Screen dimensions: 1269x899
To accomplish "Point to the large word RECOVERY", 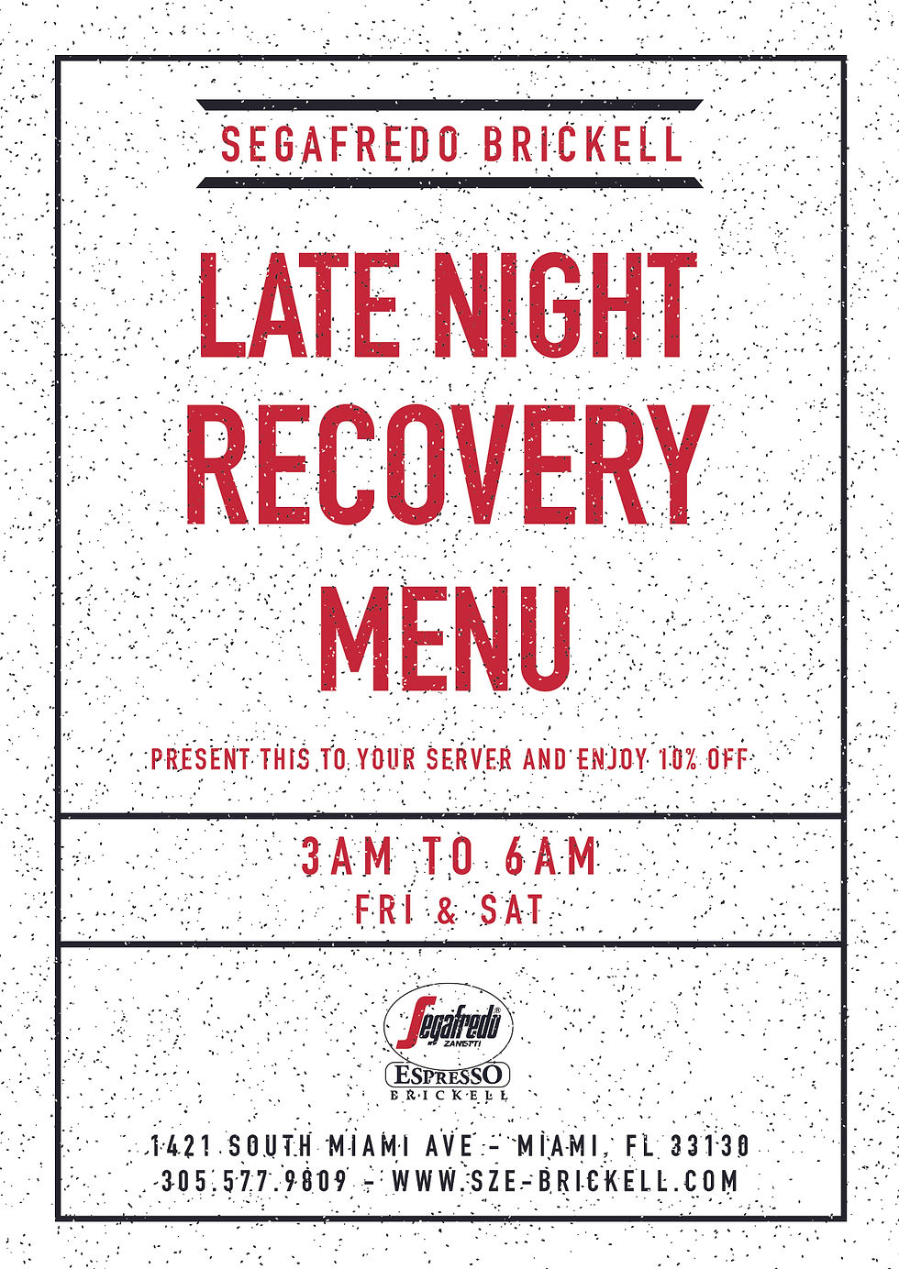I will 448,467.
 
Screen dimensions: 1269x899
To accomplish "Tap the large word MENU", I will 447,639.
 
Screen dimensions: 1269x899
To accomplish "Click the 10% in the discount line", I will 678,759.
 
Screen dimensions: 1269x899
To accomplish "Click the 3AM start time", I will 347,858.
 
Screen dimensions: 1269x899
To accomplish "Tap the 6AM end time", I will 551,858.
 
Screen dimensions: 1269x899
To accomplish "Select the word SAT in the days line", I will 512,910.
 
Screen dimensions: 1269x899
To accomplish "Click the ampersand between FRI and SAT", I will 446,910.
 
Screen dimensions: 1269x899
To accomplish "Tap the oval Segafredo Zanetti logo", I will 448,1020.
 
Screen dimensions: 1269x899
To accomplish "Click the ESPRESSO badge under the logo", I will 448,1075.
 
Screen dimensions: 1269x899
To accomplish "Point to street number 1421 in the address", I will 182,1146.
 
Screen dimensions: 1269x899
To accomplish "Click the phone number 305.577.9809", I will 254,1181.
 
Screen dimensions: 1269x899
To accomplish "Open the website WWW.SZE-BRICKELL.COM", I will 565,1181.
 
